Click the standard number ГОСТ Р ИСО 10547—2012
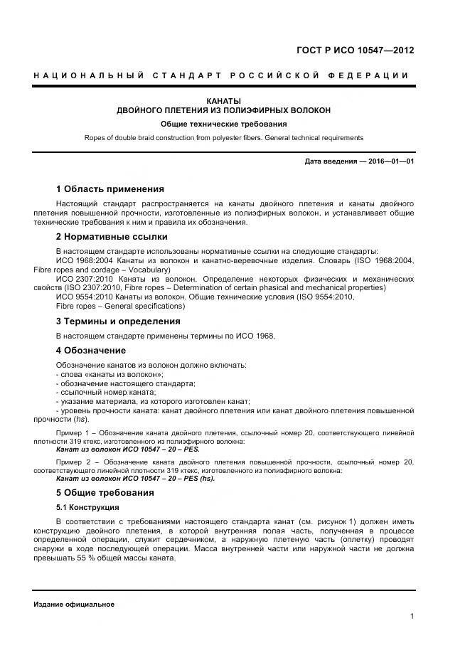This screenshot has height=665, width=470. point(354,50)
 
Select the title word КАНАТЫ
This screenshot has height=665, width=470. point(223,101)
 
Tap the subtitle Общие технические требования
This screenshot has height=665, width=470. point(223,124)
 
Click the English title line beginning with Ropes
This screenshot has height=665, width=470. point(223,137)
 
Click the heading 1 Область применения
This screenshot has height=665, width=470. point(110,189)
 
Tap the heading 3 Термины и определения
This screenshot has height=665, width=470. point(118,321)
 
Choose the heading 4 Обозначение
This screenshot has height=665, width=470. point(90,351)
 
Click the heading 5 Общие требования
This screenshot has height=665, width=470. point(105,492)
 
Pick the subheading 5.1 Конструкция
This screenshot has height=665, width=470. point(87,507)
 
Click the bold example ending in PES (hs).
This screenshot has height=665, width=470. point(134,478)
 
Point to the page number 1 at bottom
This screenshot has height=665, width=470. point(412,617)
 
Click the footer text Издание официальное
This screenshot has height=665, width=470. point(74,604)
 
